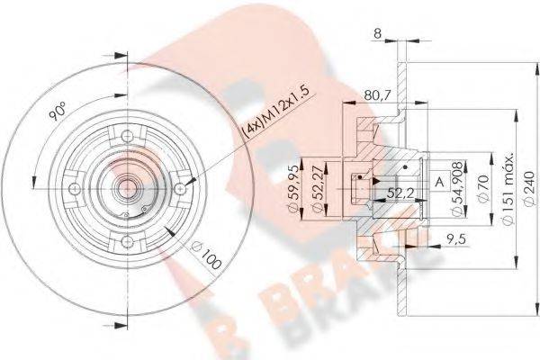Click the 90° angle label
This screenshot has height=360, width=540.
pos(56,115)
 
